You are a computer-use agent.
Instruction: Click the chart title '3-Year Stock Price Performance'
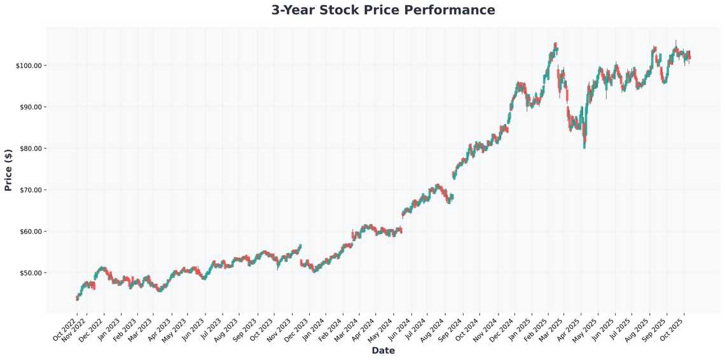pos(383,10)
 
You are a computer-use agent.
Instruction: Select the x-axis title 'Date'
pos(383,350)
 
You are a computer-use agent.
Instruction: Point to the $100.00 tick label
pos(28,66)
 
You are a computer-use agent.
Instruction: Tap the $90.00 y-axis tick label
pos(29,107)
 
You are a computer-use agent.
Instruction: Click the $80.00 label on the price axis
pos(29,148)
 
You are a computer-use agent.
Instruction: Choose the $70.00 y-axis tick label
pos(29,190)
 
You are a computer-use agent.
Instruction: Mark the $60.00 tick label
pos(29,232)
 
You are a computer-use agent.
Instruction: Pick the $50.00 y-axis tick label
pos(29,273)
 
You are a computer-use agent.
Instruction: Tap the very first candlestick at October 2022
pos(77,297)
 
